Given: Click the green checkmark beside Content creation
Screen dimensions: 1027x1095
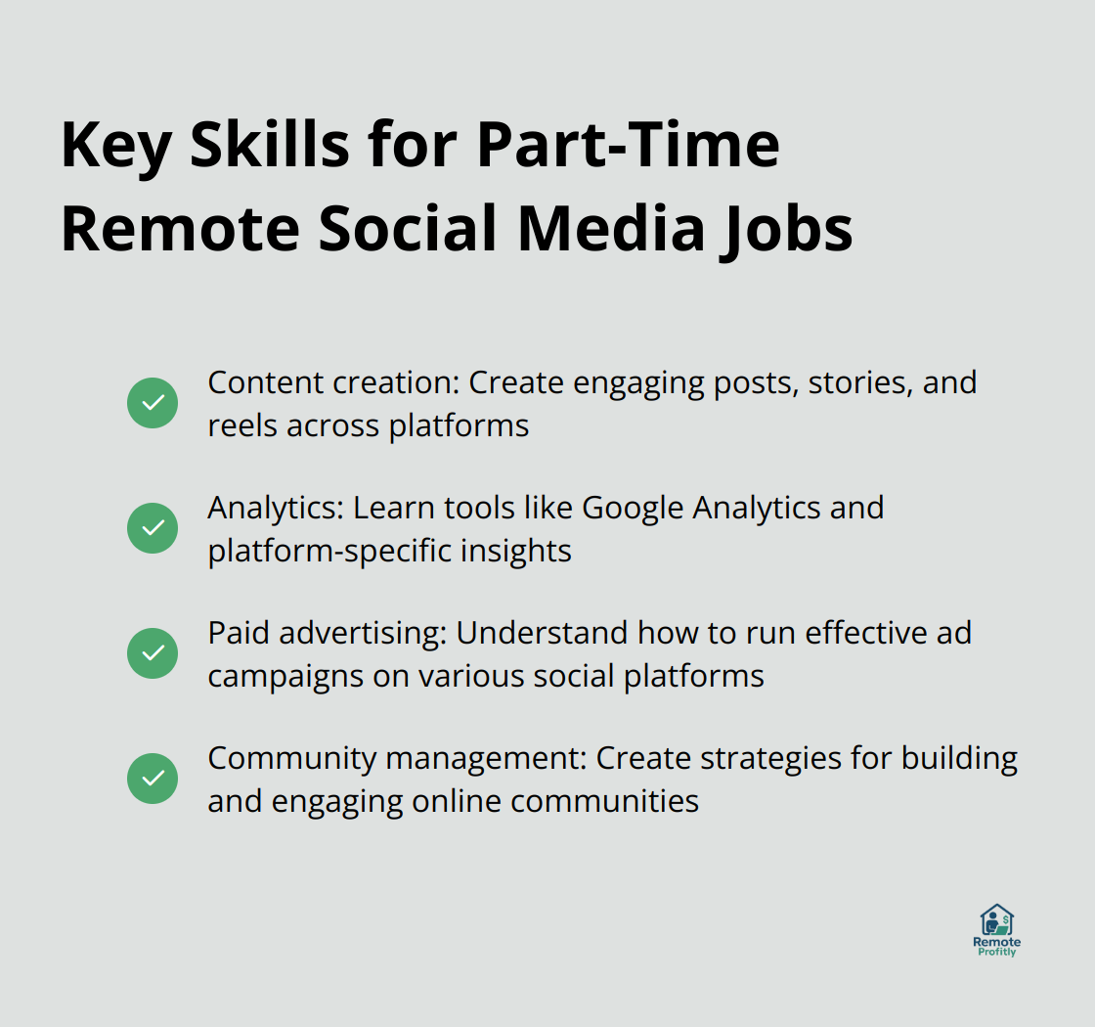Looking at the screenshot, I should click(x=153, y=403).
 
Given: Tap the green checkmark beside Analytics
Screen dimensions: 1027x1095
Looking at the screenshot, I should click(x=153, y=528).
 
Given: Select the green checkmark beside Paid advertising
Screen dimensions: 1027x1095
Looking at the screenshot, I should click(x=153, y=653).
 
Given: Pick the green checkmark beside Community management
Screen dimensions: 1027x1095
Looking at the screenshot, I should click(x=153, y=779).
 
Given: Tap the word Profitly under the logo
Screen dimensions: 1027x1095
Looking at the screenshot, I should click(x=996, y=952).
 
